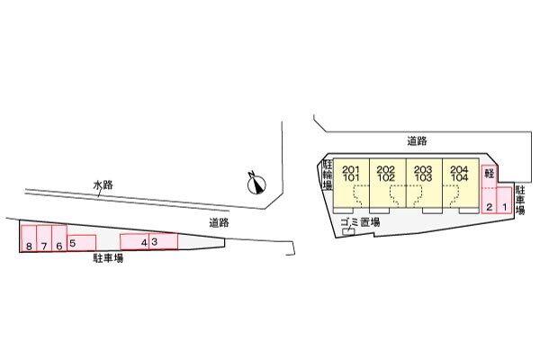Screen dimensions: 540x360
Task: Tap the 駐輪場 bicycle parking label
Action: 328,175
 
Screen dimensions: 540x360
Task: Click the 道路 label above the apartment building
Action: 416,140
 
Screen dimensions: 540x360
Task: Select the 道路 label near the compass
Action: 219,221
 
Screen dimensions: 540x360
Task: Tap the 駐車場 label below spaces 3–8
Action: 107,258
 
